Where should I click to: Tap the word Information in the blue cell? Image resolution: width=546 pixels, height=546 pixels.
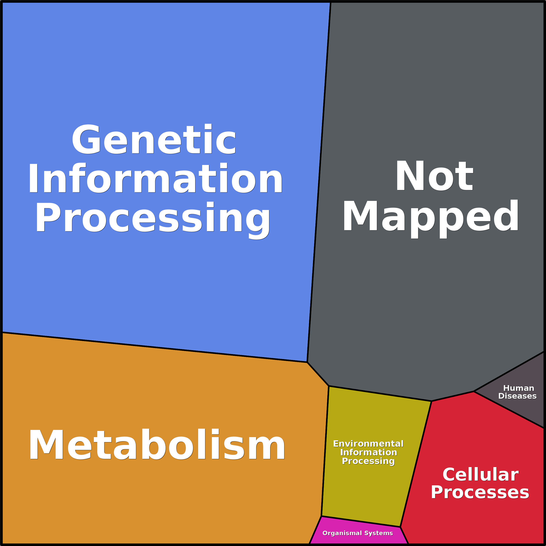pyautogui.click(x=155, y=178)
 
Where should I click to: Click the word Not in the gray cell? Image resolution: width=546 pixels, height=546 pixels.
pyautogui.click(x=434, y=175)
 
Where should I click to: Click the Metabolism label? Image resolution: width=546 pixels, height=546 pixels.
pyautogui.click(x=157, y=445)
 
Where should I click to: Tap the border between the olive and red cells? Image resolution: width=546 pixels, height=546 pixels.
pyautogui.click(x=416, y=464)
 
